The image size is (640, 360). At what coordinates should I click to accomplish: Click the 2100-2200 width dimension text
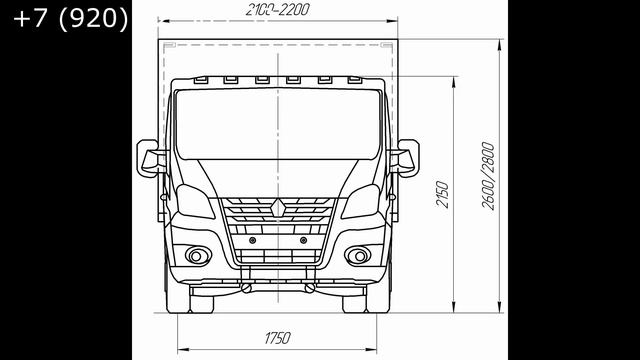[278, 10]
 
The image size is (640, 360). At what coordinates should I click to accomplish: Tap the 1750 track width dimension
[278, 338]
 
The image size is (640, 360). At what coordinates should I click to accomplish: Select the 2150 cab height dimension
[442, 195]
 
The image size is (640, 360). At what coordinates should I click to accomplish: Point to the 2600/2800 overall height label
[488, 176]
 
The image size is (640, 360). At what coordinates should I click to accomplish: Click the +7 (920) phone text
[71, 19]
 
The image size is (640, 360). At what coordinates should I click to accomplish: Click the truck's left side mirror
[150, 158]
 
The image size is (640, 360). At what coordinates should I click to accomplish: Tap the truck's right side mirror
[405, 158]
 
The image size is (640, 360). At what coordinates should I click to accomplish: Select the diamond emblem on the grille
[278, 208]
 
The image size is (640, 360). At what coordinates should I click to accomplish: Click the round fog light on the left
[197, 256]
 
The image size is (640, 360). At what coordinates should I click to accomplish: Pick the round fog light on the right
[359, 256]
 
